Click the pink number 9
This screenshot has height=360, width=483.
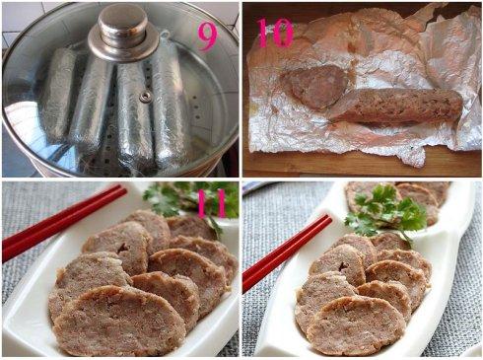pos(207,37)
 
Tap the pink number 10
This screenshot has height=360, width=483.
pos(275,33)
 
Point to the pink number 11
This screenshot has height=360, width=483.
pos(212,203)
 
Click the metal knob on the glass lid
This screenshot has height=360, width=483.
pos(123,33)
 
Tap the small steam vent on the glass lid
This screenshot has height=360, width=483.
pos(145,97)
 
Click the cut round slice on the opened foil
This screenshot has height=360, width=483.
pos(313,87)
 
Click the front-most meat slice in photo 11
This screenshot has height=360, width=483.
pos(118,321)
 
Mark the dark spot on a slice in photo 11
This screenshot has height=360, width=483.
pos(124,248)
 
